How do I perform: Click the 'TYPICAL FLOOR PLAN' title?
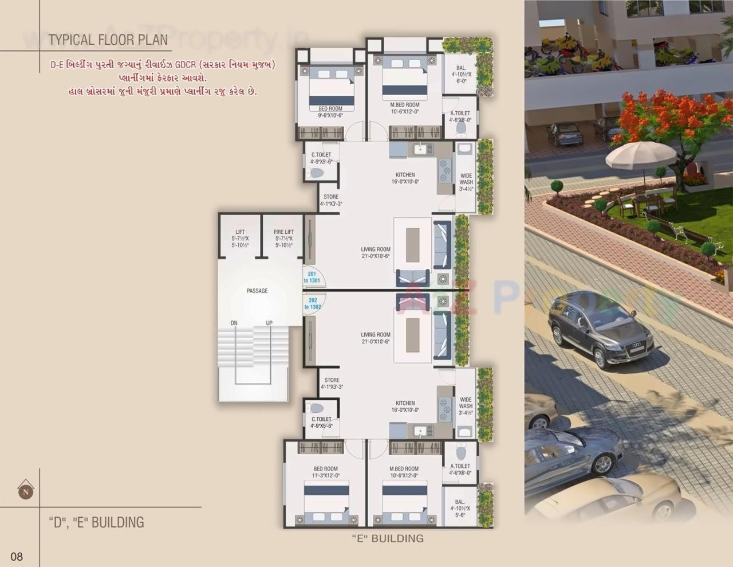108,40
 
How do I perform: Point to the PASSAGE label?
257,291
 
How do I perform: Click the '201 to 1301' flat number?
312,277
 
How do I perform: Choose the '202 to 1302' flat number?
313,304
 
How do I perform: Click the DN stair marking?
234,323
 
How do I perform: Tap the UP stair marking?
269,323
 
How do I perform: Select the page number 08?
17,556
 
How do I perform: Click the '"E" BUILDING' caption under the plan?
388,538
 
